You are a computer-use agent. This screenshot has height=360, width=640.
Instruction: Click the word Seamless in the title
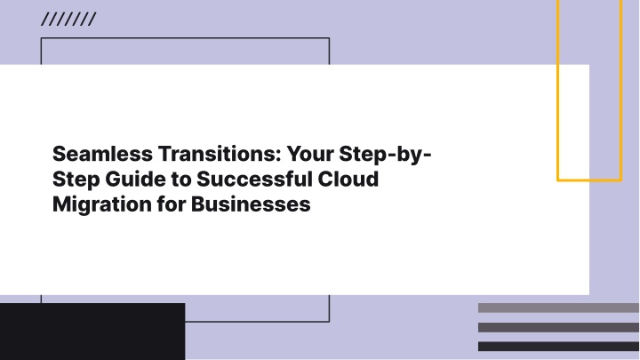point(102,154)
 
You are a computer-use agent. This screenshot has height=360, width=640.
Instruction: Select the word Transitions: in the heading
point(220,154)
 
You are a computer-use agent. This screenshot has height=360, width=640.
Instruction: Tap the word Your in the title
point(310,154)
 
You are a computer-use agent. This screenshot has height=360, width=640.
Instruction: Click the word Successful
point(254,180)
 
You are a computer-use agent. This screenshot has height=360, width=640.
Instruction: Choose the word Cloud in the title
point(348,180)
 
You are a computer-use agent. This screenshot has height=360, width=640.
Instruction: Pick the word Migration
point(102,204)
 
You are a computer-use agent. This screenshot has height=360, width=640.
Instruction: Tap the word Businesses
point(251,204)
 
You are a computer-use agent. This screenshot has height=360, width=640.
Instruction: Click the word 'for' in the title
point(172,204)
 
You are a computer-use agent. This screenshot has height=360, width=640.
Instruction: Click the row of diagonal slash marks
point(68,20)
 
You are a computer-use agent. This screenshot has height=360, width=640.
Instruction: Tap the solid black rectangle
point(92,332)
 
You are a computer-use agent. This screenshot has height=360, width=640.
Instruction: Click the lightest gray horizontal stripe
point(558,308)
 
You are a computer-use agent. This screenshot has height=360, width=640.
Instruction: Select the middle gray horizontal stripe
point(558,327)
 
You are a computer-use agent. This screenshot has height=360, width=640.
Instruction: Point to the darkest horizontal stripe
point(558,347)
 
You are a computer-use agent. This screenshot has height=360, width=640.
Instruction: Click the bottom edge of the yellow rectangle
point(589,180)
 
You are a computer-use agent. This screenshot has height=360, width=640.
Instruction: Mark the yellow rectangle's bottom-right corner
point(621,180)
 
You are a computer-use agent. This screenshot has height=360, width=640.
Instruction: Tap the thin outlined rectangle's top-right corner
point(329,38)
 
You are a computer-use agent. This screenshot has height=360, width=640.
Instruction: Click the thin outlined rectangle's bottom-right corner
point(329,322)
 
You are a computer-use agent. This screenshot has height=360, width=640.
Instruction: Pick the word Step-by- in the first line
point(385,155)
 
